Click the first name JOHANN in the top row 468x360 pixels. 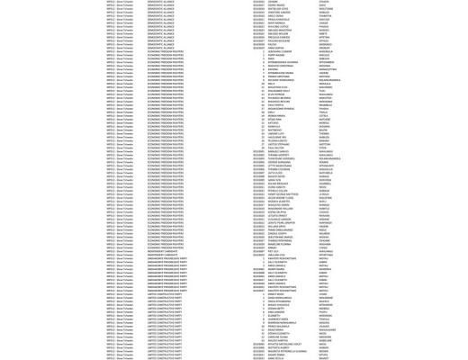tap(273, 2)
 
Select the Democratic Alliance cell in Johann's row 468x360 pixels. tap(161, 2)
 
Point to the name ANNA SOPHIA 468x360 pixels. tap(275, 48)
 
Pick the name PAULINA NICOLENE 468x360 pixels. tap(279, 40)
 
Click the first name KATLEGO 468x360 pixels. tap(274, 122)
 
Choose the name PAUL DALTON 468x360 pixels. tap(275, 148)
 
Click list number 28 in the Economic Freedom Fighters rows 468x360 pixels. tap(263, 148)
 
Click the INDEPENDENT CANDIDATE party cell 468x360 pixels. tap(163, 255)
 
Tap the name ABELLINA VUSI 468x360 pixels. tap(275, 255)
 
